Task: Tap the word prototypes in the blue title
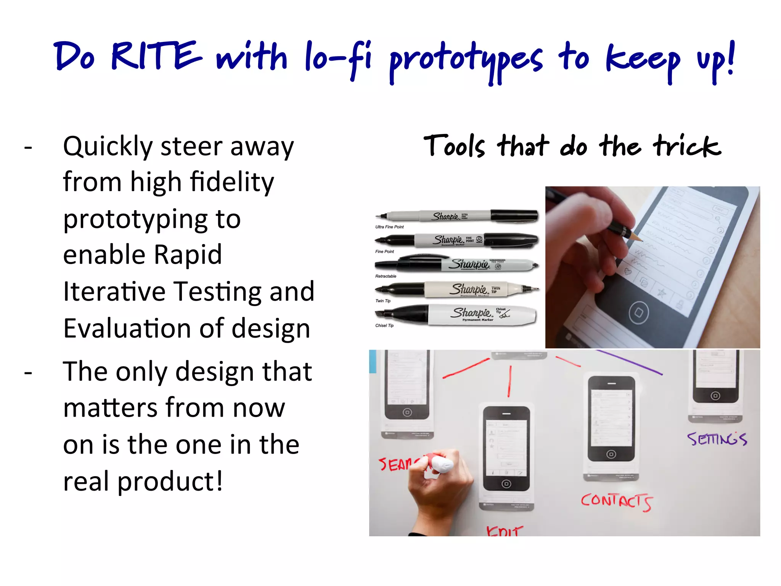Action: point(465,61)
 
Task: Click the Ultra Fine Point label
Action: point(389,227)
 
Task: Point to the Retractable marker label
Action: point(386,276)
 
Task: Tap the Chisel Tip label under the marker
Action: point(384,325)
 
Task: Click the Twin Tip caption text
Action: point(383,301)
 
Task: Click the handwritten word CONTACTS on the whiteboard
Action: point(616,501)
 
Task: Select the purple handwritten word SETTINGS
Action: point(717,439)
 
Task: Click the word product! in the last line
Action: point(169,481)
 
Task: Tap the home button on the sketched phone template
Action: point(638,313)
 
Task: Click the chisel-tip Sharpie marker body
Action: point(480,315)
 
